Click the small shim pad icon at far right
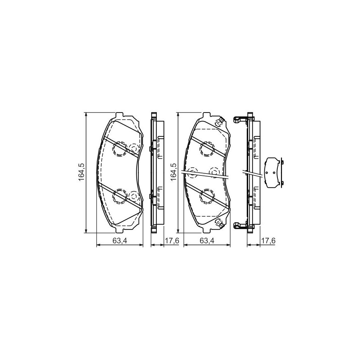[274, 172]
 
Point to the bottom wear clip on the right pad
[218, 222]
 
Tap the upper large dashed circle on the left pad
[120, 149]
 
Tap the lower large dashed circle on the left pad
[120, 196]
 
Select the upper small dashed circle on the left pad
[134, 149]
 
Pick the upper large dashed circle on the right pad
[207, 149]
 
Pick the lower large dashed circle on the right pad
[207, 196]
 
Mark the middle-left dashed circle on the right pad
[192, 172]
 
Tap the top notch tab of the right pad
[207, 115]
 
